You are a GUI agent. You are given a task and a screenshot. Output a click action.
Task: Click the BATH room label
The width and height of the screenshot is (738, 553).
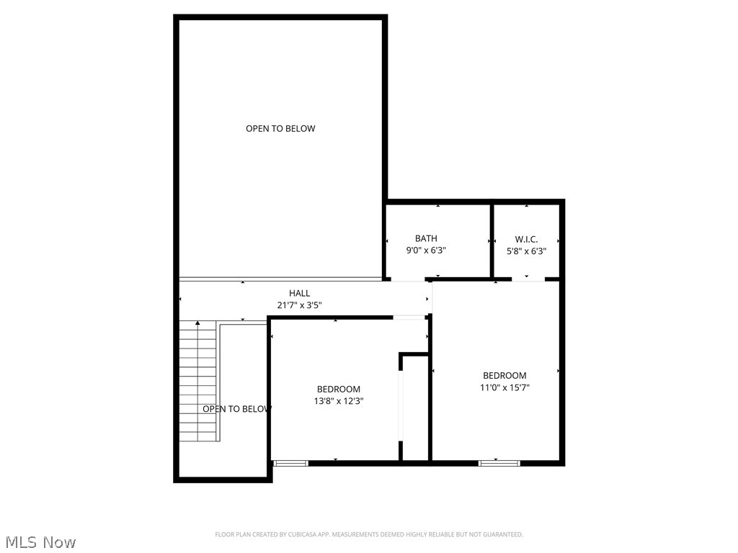point(426,238)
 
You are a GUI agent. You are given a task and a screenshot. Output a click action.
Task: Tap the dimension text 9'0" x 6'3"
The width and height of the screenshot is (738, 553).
point(426,251)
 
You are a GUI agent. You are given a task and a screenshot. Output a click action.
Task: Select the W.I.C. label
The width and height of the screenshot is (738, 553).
point(526,239)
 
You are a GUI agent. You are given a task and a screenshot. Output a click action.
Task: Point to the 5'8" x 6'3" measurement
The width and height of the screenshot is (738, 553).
point(526,251)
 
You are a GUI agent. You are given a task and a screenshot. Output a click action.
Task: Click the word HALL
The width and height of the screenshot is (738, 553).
point(299,293)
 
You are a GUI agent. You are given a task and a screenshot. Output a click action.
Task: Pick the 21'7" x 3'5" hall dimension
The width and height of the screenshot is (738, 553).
point(299,305)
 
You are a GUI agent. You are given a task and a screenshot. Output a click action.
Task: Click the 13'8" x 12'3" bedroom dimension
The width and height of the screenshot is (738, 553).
point(339,402)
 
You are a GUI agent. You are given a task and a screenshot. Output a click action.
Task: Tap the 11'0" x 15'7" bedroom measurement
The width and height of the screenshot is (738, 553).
point(504,387)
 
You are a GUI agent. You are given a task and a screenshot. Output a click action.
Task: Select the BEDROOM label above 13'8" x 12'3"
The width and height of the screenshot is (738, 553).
point(339,390)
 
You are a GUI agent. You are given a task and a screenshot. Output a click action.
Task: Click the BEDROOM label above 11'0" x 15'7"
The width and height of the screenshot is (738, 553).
point(504,375)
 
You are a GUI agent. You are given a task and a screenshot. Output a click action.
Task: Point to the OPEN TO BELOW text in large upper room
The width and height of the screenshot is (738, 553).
point(280,129)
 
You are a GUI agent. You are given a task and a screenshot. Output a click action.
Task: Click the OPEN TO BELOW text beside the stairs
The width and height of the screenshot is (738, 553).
point(236,409)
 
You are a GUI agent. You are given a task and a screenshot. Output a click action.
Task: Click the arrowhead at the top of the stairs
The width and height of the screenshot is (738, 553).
point(197,323)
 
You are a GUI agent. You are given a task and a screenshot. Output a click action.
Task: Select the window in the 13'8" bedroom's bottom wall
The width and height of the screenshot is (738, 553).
point(291,463)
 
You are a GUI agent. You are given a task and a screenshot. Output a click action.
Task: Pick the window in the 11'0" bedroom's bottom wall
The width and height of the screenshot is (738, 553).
point(499,463)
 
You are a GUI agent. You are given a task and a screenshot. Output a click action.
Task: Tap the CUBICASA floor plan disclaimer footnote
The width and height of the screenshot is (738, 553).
point(368,534)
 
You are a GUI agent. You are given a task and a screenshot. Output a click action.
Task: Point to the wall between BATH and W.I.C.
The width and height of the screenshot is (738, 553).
point(492,241)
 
